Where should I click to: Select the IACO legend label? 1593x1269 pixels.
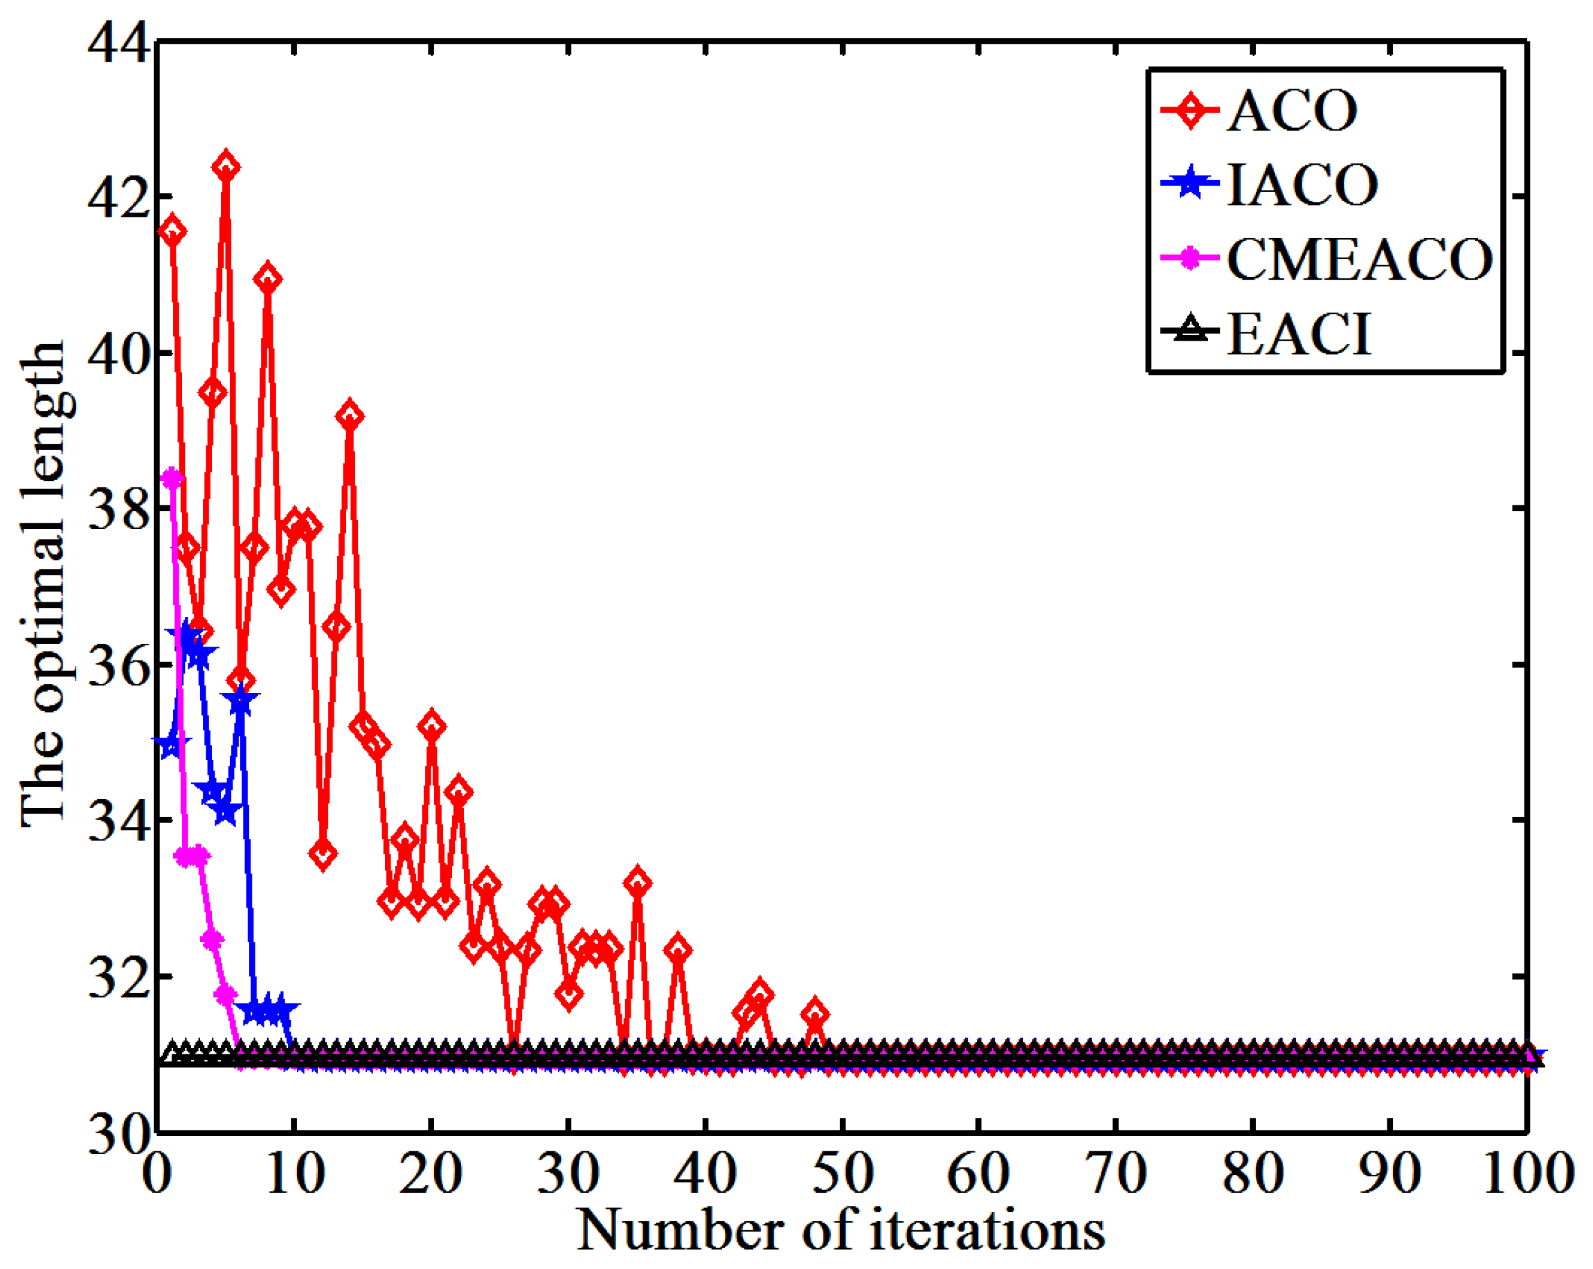pos(1302,185)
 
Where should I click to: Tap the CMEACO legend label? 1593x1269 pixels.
pos(1360,260)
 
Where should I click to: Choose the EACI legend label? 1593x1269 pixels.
pos(1298,335)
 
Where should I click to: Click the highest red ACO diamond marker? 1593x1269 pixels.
pos(226,167)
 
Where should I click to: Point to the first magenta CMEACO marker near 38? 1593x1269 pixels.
pos(172,478)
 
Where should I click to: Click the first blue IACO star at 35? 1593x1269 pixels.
pos(172,743)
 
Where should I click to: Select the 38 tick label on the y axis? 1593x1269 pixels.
pos(118,510)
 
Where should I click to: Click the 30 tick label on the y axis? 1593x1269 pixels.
pos(118,1134)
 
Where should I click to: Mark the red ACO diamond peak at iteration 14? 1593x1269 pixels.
pos(350,416)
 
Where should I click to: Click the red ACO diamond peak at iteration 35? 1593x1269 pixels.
pos(637,883)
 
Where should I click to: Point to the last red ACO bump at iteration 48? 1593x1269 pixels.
pos(815,1013)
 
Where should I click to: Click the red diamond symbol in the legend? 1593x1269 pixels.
pos(1189,111)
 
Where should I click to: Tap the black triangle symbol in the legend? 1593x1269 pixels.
pos(1189,330)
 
